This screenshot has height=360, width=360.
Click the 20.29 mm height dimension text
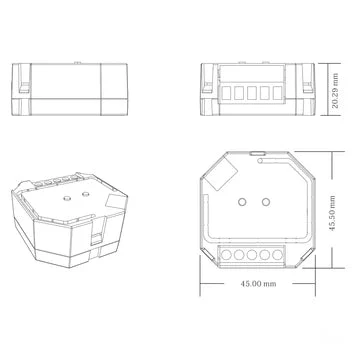coord(335,91)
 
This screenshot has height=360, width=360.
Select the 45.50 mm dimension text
coord(332,214)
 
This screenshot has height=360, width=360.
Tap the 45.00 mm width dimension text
coord(258,284)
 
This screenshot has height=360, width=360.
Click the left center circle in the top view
coord(242,202)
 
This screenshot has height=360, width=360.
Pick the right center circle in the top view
coord(266,202)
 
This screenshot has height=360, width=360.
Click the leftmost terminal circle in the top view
coord(226,255)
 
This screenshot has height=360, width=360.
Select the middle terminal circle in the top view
coord(252,255)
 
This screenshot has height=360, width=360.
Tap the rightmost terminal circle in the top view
coord(277,255)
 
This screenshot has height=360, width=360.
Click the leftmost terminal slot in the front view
coord(226,93)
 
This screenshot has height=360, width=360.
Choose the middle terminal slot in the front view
coord(252,93)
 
